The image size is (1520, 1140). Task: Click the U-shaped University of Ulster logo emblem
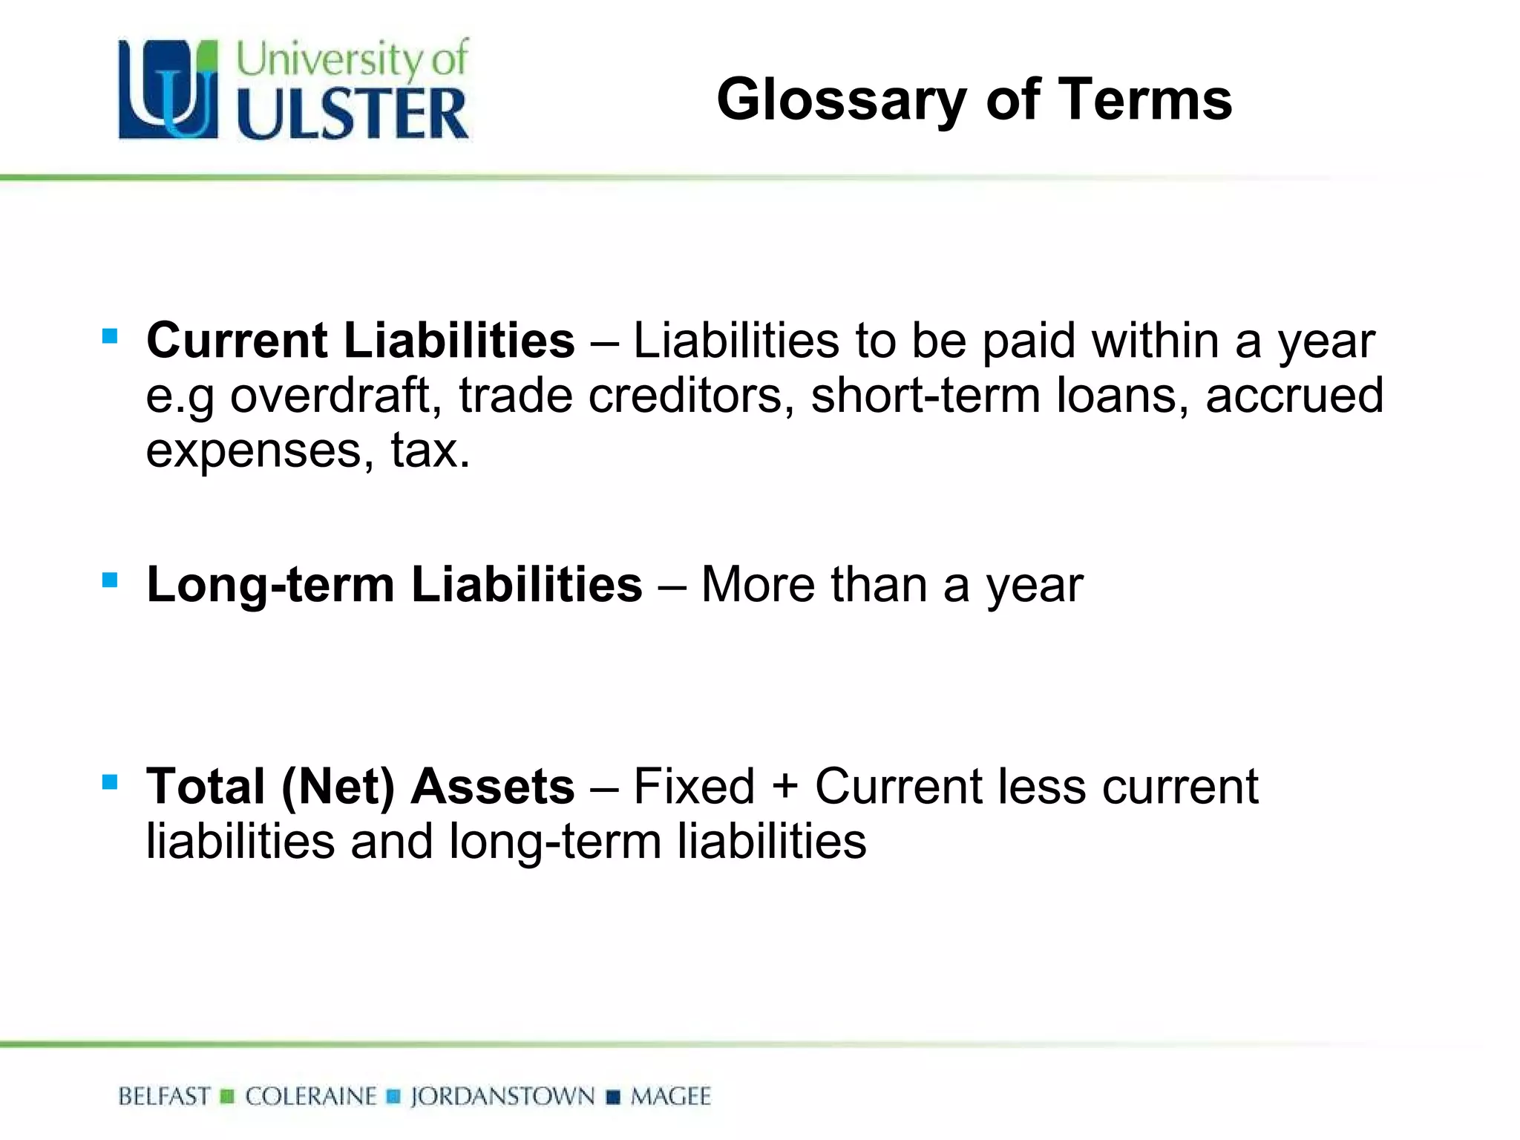click(x=168, y=89)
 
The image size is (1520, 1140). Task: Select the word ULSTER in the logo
click(x=353, y=114)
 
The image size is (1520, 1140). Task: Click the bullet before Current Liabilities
click(x=110, y=337)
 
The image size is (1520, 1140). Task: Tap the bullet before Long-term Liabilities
click(x=110, y=580)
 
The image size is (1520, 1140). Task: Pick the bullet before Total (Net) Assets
click(x=110, y=782)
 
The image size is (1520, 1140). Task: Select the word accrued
click(x=1294, y=395)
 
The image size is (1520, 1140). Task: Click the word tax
click(x=429, y=450)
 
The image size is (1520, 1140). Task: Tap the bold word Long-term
click(x=270, y=585)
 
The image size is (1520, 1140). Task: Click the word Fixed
click(x=694, y=786)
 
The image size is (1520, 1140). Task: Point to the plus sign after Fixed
click(x=784, y=787)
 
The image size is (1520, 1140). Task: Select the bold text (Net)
click(x=338, y=787)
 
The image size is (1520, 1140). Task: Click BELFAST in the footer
click(x=164, y=1097)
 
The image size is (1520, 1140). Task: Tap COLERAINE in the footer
click(x=311, y=1097)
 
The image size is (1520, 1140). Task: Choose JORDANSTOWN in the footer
click(x=502, y=1097)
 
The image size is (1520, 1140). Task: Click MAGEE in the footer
click(x=670, y=1097)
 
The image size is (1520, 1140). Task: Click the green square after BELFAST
click(x=228, y=1097)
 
